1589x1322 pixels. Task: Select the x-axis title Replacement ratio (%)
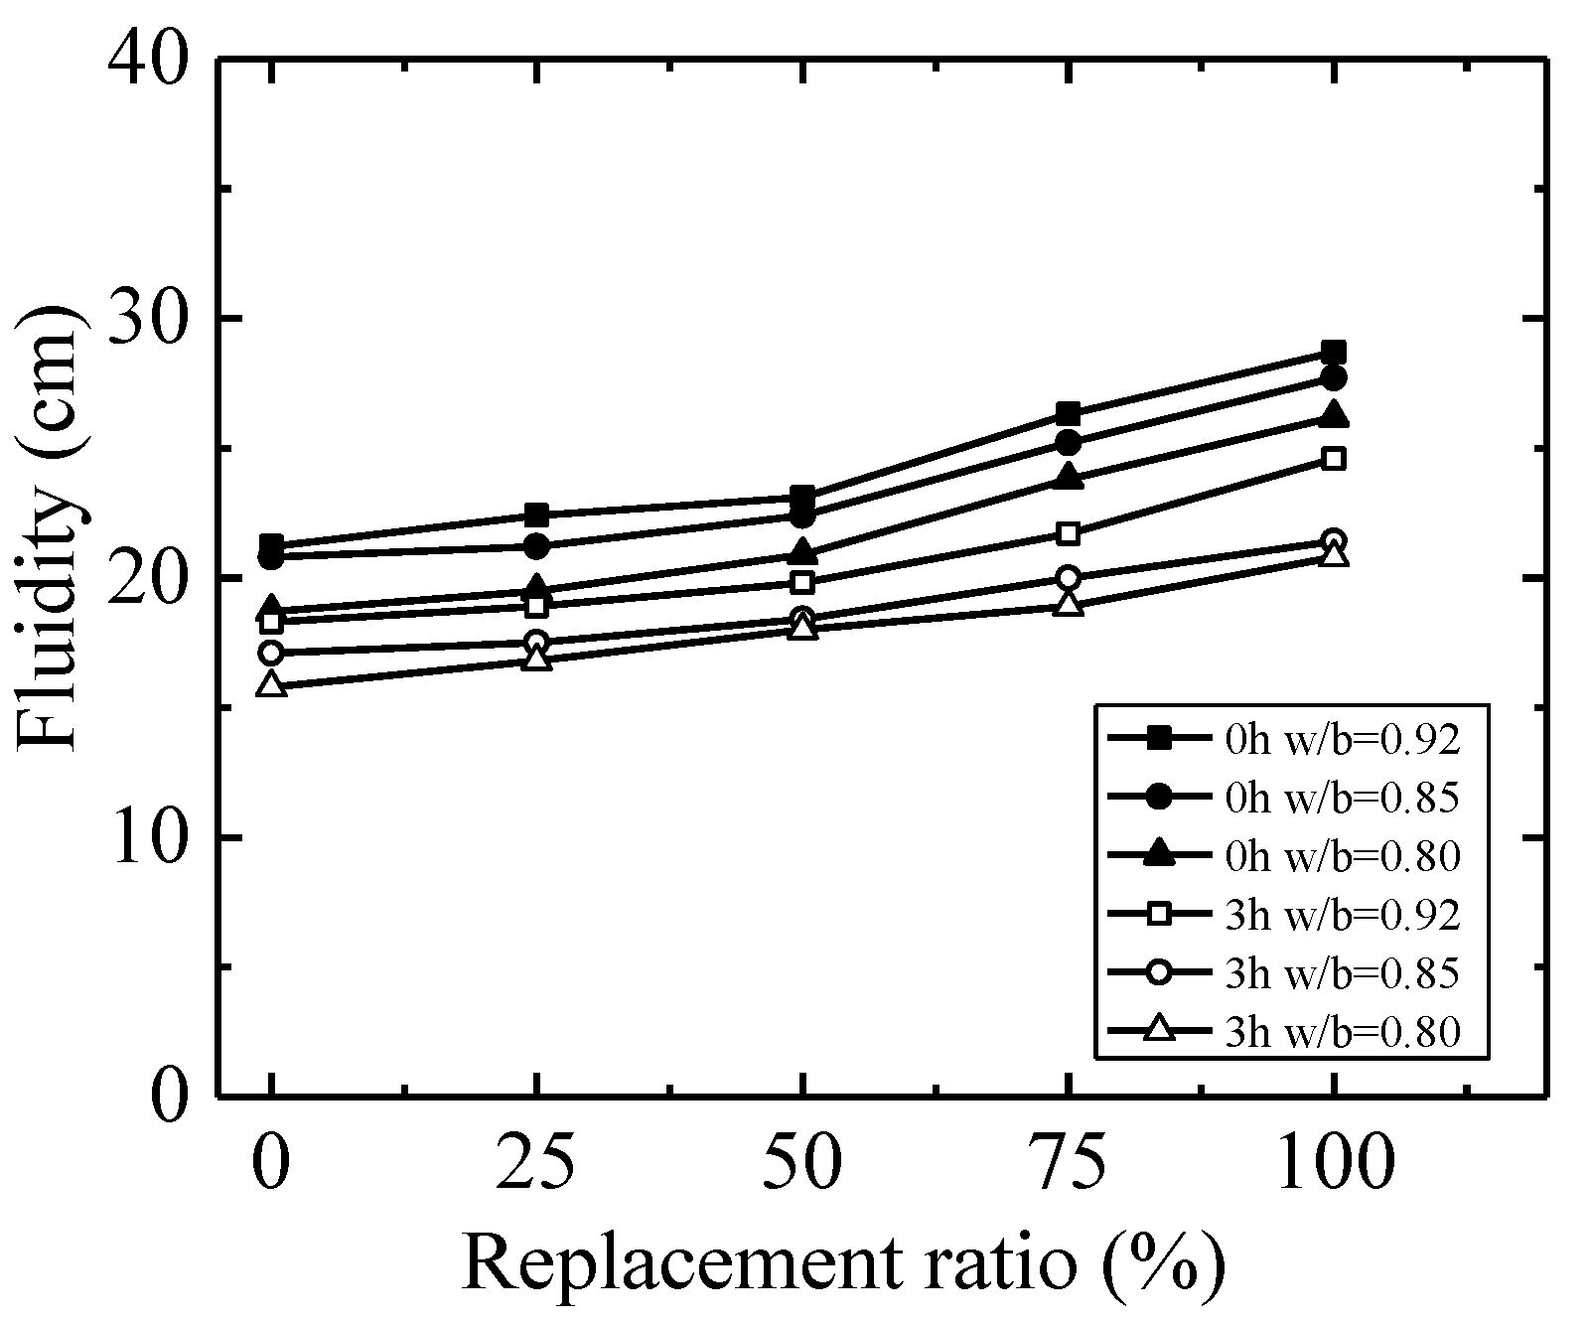click(x=843, y=1263)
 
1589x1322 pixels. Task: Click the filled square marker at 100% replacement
click(x=1334, y=353)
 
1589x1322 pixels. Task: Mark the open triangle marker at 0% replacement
click(x=271, y=685)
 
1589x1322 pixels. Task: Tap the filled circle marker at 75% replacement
click(x=1069, y=442)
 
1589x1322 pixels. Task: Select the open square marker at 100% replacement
click(x=1334, y=458)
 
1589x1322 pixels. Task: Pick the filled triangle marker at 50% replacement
click(x=802, y=552)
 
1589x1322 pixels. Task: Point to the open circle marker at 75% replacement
click(x=1069, y=578)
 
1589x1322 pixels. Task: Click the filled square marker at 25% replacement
click(x=537, y=514)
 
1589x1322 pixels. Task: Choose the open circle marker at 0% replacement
click(x=271, y=653)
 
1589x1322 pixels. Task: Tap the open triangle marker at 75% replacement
click(x=1069, y=604)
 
